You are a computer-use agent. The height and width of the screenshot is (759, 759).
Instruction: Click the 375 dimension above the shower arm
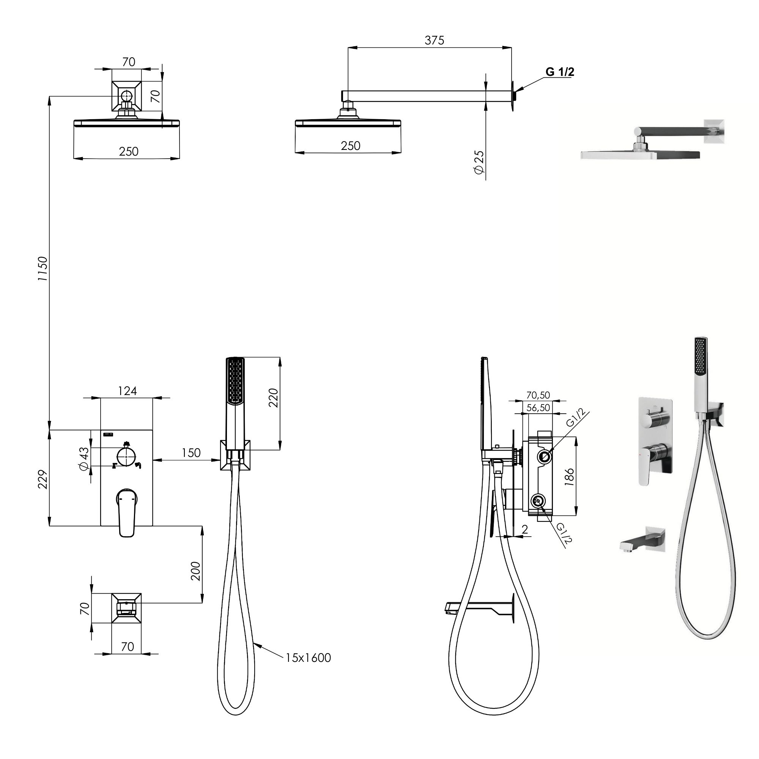pos(434,40)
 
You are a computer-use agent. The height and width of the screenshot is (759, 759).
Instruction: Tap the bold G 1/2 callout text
pos(560,72)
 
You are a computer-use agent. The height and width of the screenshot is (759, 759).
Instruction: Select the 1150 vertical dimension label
pos(43,269)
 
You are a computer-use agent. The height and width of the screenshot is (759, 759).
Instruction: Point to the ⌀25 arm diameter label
pos(479,162)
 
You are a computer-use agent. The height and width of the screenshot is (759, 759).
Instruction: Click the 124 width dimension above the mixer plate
pos(127,391)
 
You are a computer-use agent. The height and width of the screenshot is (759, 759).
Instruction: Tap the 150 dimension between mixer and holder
pos(191,453)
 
